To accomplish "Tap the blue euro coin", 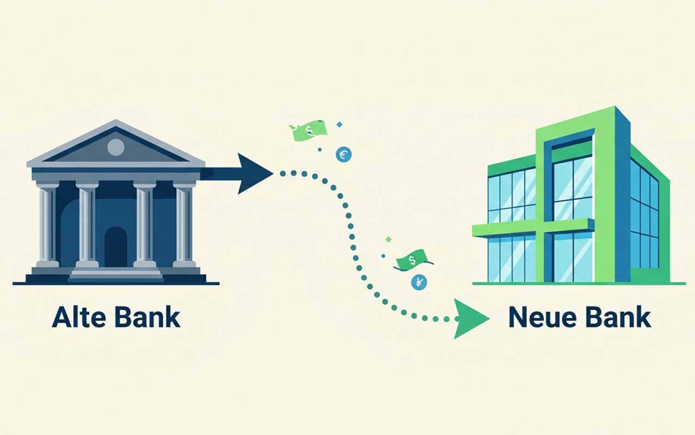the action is point(343,154).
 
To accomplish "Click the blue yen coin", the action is point(419,282).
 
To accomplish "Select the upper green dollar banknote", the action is point(309,131).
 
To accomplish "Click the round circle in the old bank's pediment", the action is point(115,147).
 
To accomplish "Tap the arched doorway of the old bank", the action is point(115,246).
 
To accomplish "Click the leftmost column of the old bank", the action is point(48,224).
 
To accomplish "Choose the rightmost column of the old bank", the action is point(185,224).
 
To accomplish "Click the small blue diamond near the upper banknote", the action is point(339,125).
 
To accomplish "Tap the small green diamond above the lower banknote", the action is point(389,239).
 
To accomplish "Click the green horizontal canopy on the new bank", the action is point(533,227).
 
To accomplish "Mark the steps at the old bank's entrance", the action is point(115,275).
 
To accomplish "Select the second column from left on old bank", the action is point(87,224).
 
